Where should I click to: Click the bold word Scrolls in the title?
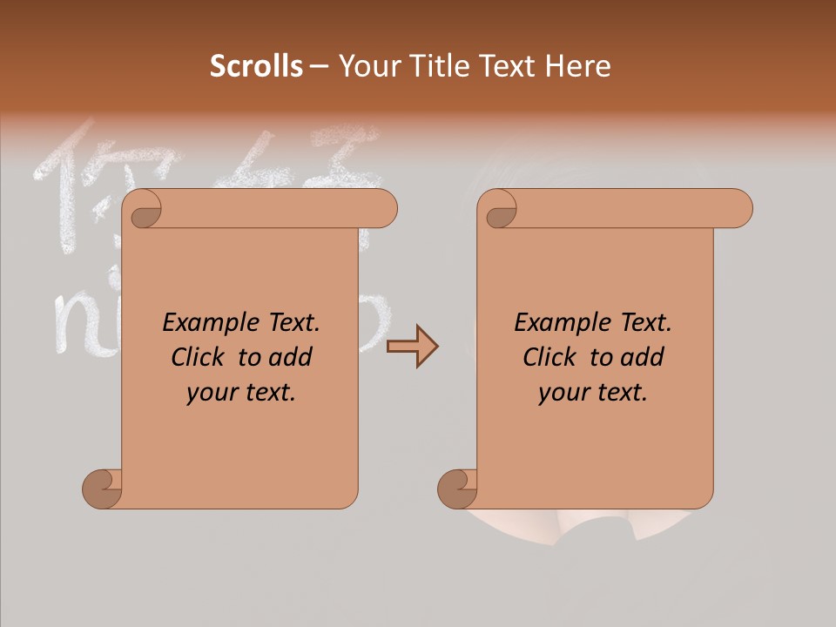pos(257,66)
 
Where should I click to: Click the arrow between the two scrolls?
pos(413,347)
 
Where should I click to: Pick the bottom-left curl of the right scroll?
pos(457,488)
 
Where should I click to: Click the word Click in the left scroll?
pos(199,357)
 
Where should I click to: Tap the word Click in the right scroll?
pos(549,357)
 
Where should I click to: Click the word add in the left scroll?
pos(292,357)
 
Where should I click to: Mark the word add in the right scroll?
pos(644,357)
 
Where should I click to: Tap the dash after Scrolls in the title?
pos(319,66)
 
